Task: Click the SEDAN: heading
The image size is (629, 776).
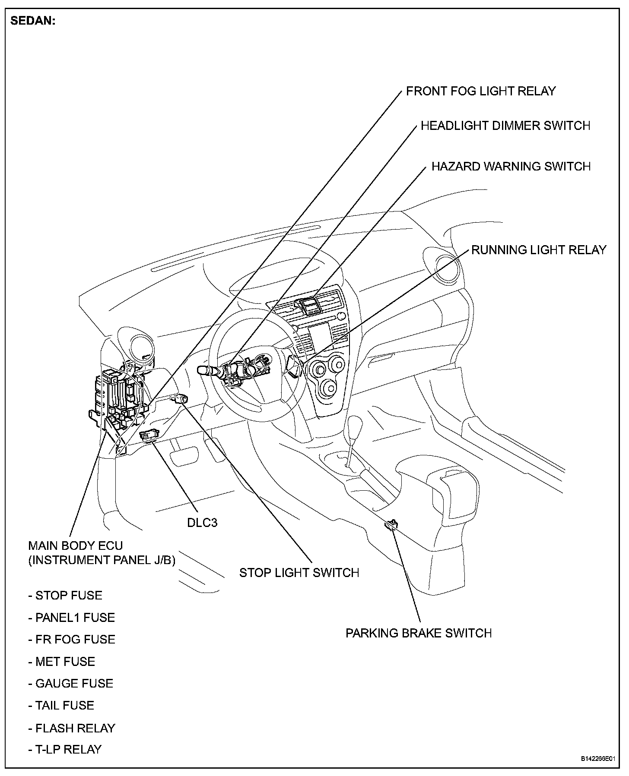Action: (33, 21)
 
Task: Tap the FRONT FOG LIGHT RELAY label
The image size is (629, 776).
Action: (480, 91)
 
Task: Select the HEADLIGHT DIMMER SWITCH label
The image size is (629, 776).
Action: (505, 126)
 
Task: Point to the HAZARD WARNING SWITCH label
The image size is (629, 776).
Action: (511, 167)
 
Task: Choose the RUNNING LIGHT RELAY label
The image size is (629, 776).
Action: (538, 250)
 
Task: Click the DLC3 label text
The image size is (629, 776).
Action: (202, 523)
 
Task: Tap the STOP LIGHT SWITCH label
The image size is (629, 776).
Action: (299, 573)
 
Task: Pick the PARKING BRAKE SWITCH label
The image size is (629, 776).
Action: (418, 633)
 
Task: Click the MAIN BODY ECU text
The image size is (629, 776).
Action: (76, 546)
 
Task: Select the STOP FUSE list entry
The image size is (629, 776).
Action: (66, 596)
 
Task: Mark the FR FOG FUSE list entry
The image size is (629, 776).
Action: (72, 639)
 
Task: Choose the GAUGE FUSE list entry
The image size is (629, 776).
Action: (71, 683)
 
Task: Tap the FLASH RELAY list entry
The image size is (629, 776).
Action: (72, 728)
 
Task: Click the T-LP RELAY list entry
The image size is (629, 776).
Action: (65, 749)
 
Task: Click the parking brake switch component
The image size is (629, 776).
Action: (391, 524)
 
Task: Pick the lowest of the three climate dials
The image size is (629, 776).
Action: (330, 388)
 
